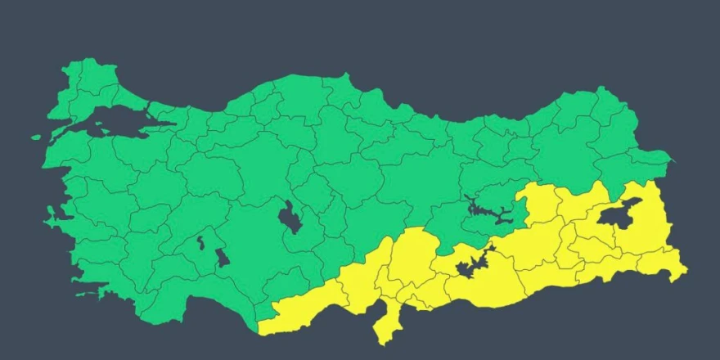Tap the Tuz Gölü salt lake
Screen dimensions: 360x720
pyautogui.click(x=289, y=218)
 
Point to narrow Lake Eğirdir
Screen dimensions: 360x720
pyautogui.click(x=200, y=243)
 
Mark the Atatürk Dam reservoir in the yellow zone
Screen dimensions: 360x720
pyautogui.click(x=470, y=266)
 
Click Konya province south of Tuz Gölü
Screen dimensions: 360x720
pyautogui.click(x=262, y=245)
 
